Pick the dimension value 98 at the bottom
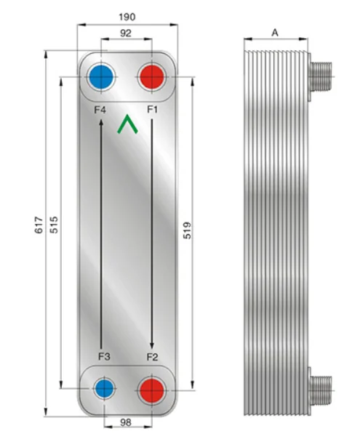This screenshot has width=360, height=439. coord(126,422)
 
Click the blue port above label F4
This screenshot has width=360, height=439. coord(100,76)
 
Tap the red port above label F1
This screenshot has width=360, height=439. coord(152,76)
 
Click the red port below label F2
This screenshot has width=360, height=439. coord(151,387)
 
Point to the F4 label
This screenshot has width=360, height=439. coord(100,110)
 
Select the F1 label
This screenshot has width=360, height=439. coord(152,110)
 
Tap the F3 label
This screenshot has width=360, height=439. coord(103,356)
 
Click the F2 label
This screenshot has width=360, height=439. coord(152,356)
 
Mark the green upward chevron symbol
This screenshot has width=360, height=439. coord(127,124)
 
